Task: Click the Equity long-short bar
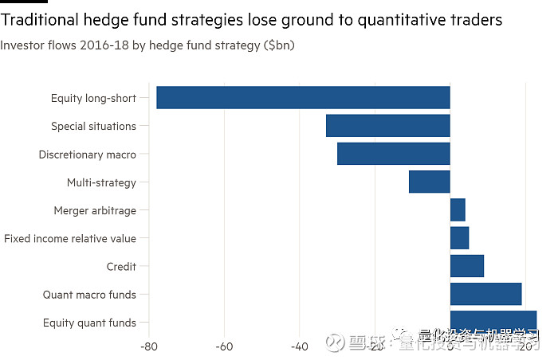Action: tap(303, 98)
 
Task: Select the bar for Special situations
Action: tap(387, 126)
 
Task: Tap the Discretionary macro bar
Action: tap(393, 154)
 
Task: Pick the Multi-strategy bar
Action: tap(429, 182)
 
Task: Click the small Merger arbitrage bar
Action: tap(458, 210)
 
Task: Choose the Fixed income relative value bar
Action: tap(459, 238)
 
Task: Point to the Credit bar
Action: tap(466, 266)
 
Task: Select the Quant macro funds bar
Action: tap(485, 294)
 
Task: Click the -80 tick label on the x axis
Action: tap(148, 346)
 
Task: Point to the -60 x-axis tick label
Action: tap(224, 346)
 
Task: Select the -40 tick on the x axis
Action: tap(299, 346)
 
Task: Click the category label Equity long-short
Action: tap(93, 98)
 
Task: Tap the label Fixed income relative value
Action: tap(70, 238)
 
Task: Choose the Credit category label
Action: tap(121, 266)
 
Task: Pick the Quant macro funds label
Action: tap(89, 295)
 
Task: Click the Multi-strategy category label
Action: tap(101, 182)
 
